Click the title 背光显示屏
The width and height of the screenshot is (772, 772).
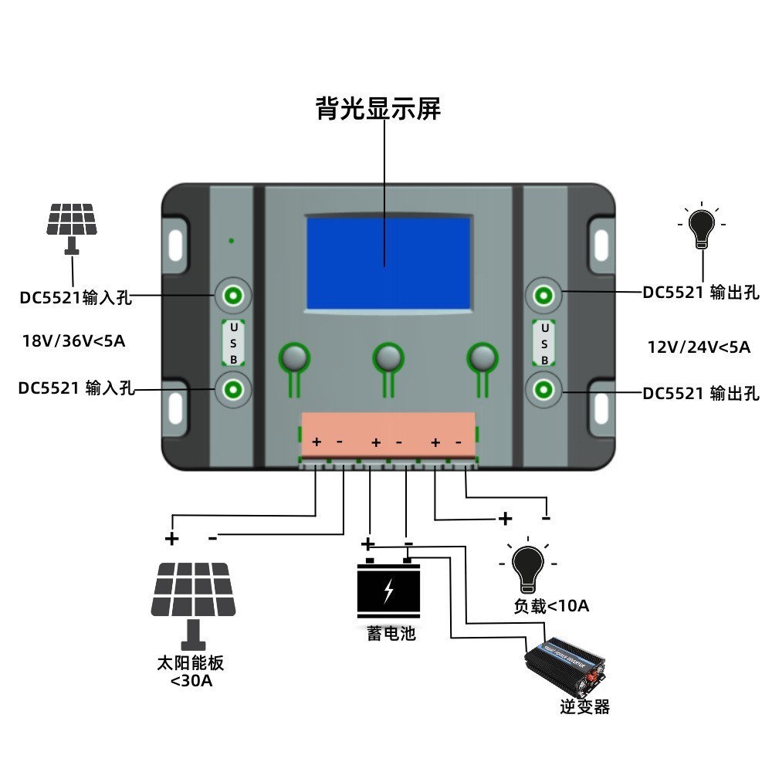point(378,109)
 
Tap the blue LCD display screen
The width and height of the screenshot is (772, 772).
point(388,262)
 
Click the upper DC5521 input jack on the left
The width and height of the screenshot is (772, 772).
point(232,294)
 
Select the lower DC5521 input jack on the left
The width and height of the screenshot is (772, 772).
point(232,390)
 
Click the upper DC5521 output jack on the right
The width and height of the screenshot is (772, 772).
point(543,294)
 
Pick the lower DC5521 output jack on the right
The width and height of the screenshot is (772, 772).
point(543,390)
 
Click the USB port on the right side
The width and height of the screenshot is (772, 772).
point(543,343)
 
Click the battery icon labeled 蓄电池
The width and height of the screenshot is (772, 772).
point(388,590)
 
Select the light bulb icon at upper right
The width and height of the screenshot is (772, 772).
point(701,225)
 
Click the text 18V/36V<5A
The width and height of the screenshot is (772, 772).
point(73,340)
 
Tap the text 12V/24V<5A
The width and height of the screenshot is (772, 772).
point(699,347)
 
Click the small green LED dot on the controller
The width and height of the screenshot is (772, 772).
point(232,241)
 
